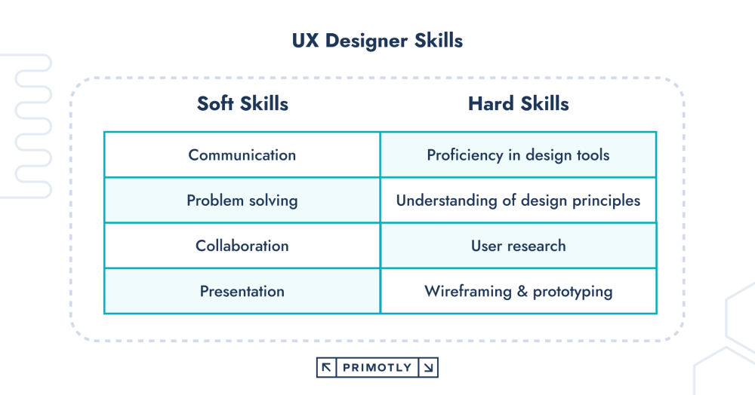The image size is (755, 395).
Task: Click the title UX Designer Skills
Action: tap(377, 41)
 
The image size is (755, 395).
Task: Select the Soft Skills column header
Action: tap(242, 103)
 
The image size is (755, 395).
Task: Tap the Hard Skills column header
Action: tap(518, 103)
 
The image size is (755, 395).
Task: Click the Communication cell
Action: tap(242, 155)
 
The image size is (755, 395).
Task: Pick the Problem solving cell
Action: tap(242, 201)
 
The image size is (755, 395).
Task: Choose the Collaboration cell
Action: tap(242, 246)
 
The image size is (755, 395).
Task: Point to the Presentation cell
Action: tap(242, 291)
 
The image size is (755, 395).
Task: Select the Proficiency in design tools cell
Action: tap(518, 155)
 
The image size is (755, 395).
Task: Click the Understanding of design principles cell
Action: tap(518, 201)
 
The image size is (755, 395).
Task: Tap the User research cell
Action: tap(518, 246)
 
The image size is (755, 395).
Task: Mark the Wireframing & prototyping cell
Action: tap(518, 291)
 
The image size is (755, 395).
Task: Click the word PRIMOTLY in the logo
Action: tap(377, 368)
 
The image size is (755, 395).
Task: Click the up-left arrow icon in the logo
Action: tap(326, 368)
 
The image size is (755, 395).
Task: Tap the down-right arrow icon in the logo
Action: tap(428, 368)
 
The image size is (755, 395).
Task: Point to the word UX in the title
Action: tap(305, 41)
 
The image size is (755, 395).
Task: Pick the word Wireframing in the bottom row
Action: tap(467, 291)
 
